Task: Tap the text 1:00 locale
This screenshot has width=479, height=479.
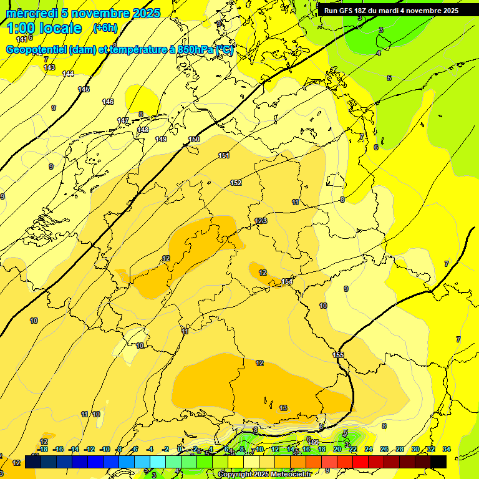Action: pyautogui.click(x=44, y=28)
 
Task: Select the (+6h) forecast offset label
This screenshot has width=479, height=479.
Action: pyautogui.click(x=105, y=28)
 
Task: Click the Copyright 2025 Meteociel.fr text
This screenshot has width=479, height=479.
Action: pyautogui.click(x=264, y=475)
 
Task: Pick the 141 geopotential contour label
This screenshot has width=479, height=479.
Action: pyautogui.click(x=21, y=39)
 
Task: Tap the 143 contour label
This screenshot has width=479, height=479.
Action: pyautogui.click(x=49, y=67)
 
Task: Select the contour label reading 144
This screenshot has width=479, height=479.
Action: pyautogui.click(x=69, y=74)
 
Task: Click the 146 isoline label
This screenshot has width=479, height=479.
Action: pyautogui.click(x=108, y=102)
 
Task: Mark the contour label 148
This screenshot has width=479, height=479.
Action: pyautogui.click(x=143, y=130)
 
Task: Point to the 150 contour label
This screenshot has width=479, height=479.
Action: pyautogui.click(x=194, y=139)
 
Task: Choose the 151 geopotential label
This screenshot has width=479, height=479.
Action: pyautogui.click(x=224, y=155)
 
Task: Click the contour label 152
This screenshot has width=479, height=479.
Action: pyautogui.click(x=236, y=183)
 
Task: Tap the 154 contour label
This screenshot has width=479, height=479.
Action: pyautogui.click(x=287, y=282)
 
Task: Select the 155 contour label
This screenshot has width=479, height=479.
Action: pyautogui.click(x=338, y=355)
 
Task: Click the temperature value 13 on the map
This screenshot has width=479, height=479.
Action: pyautogui.click(x=283, y=408)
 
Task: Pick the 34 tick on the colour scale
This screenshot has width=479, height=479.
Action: pyautogui.click(x=447, y=449)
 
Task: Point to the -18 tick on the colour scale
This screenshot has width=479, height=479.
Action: pyautogui.click(x=42, y=449)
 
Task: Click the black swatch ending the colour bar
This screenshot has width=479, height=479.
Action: pyautogui.click(x=438, y=462)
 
